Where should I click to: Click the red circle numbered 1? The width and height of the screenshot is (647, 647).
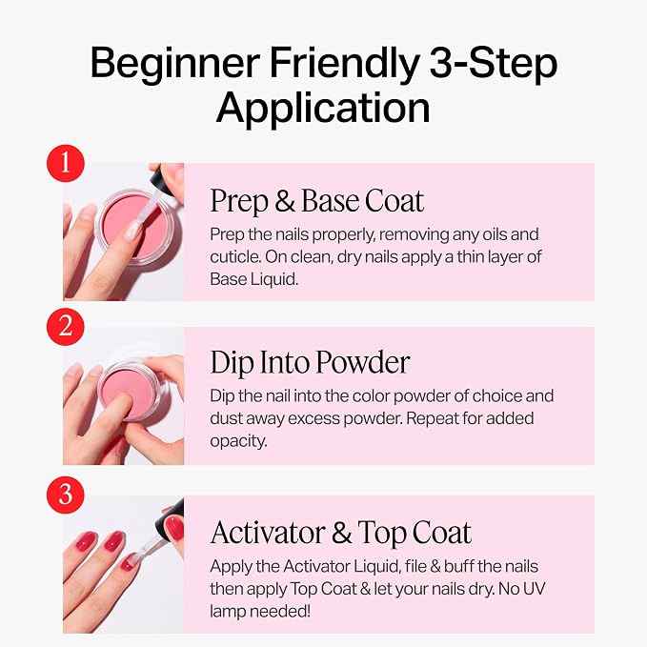(x=66, y=163)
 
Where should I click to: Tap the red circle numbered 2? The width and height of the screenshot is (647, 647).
(x=66, y=327)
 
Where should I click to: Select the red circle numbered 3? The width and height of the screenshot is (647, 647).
(x=66, y=495)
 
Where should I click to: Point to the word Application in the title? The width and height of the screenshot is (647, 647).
(x=323, y=109)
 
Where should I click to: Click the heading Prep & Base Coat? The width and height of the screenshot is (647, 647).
(x=317, y=201)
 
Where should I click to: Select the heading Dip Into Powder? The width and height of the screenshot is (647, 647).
(x=310, y=362)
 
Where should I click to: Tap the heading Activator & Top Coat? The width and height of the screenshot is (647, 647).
(x=341, y=533)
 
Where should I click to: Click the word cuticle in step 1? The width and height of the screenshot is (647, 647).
(x=234, y=256)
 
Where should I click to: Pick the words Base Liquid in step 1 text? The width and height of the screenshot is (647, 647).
(x=253, y=279)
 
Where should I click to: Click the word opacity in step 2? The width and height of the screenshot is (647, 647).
(x=238, y=442)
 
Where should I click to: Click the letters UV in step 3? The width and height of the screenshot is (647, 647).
(x=535, y=589)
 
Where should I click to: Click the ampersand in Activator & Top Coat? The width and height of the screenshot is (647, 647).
(x=341, y=533)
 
